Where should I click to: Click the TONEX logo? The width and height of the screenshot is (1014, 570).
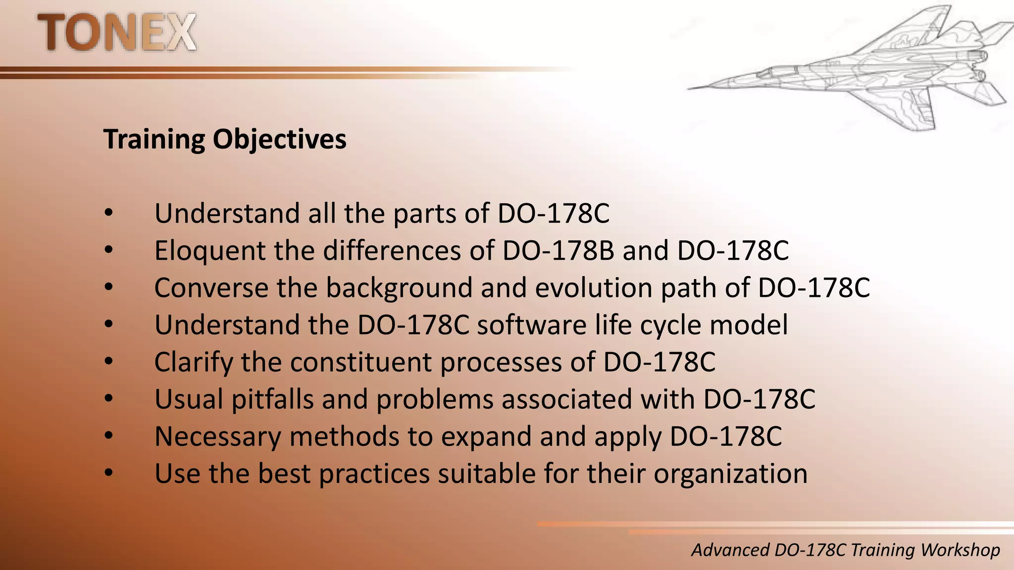117,33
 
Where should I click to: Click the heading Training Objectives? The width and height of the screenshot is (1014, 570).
225,140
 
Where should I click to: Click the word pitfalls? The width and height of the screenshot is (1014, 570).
272,399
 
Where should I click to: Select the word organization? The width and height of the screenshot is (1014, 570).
730,474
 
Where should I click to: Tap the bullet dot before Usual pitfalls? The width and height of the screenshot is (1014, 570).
109,398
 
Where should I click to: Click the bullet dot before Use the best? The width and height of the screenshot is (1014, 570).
109,473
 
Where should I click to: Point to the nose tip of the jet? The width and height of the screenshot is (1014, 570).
689,89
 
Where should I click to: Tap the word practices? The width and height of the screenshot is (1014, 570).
374,474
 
